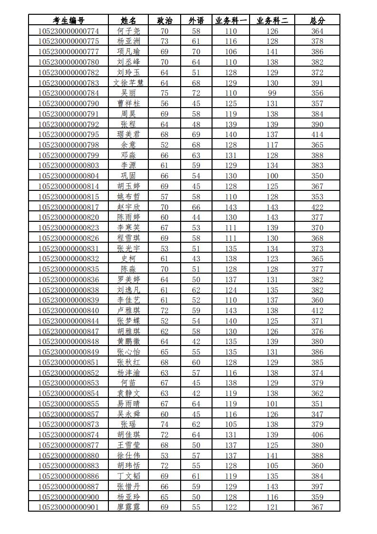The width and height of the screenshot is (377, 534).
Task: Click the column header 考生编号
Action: pyautogui.click(x=68, y=20)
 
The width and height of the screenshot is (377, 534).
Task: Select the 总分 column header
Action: pyautogui.click(x=317, y=20)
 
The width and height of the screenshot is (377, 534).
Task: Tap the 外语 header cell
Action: pyautogui.click(x=196, y=20)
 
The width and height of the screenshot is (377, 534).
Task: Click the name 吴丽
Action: pyautogui.click(x=128, y=93)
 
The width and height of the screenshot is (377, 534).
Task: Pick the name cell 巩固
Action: pyautogui.click(x=128, y=176)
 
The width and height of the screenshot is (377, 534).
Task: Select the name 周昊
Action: pyautogui.click(x=128, y=114)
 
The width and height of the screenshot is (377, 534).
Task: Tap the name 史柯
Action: pyautogui.click(x=128, y=259)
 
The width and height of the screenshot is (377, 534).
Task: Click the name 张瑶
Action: pyautogui.click(x=128, y=425)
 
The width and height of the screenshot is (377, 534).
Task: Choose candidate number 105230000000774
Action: pyautogui.click(x=68, y=31)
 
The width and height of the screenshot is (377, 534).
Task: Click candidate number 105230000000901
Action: pyautogui.click(x=68, y=507)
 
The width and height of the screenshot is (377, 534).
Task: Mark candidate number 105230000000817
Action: pyautogui.click(x=68, y=207)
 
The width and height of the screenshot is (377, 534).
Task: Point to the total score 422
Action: pyautogui.click(x=317, y=207)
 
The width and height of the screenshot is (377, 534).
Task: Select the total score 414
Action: pyautogui.click(x=317, y=135)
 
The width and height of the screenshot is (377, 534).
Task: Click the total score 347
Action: pyautogui.click(x=317, y=414)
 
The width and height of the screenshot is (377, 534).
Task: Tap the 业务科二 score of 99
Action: pyautogui.click(x=272, y=93)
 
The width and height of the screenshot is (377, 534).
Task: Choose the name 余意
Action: pyautogui.click(x=128, y=145)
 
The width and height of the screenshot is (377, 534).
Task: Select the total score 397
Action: pyautogui.click(x=317, y=486)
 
